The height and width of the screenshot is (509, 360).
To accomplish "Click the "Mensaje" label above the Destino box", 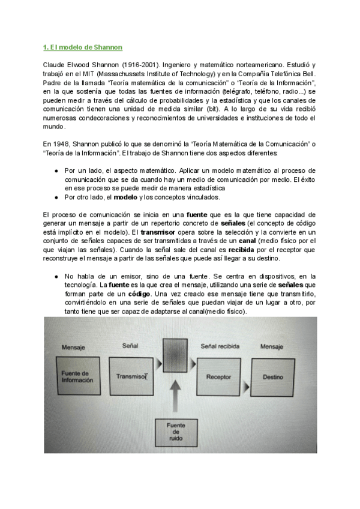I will tap(273, 347).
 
